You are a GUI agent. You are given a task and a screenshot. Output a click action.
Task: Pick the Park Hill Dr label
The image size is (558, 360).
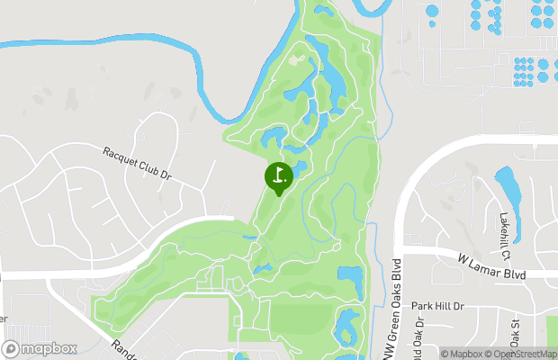pos(437,306)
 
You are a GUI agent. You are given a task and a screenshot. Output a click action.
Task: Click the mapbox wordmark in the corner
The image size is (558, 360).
pos(50,348)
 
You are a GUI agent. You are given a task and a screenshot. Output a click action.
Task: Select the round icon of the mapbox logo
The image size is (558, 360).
pos(12,347)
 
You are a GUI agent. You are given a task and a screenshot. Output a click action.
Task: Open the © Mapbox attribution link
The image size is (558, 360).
pos(463,354)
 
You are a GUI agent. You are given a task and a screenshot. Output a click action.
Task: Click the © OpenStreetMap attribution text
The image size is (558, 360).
pos(522,354)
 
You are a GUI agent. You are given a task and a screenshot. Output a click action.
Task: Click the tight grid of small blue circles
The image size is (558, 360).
pos(532,69)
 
